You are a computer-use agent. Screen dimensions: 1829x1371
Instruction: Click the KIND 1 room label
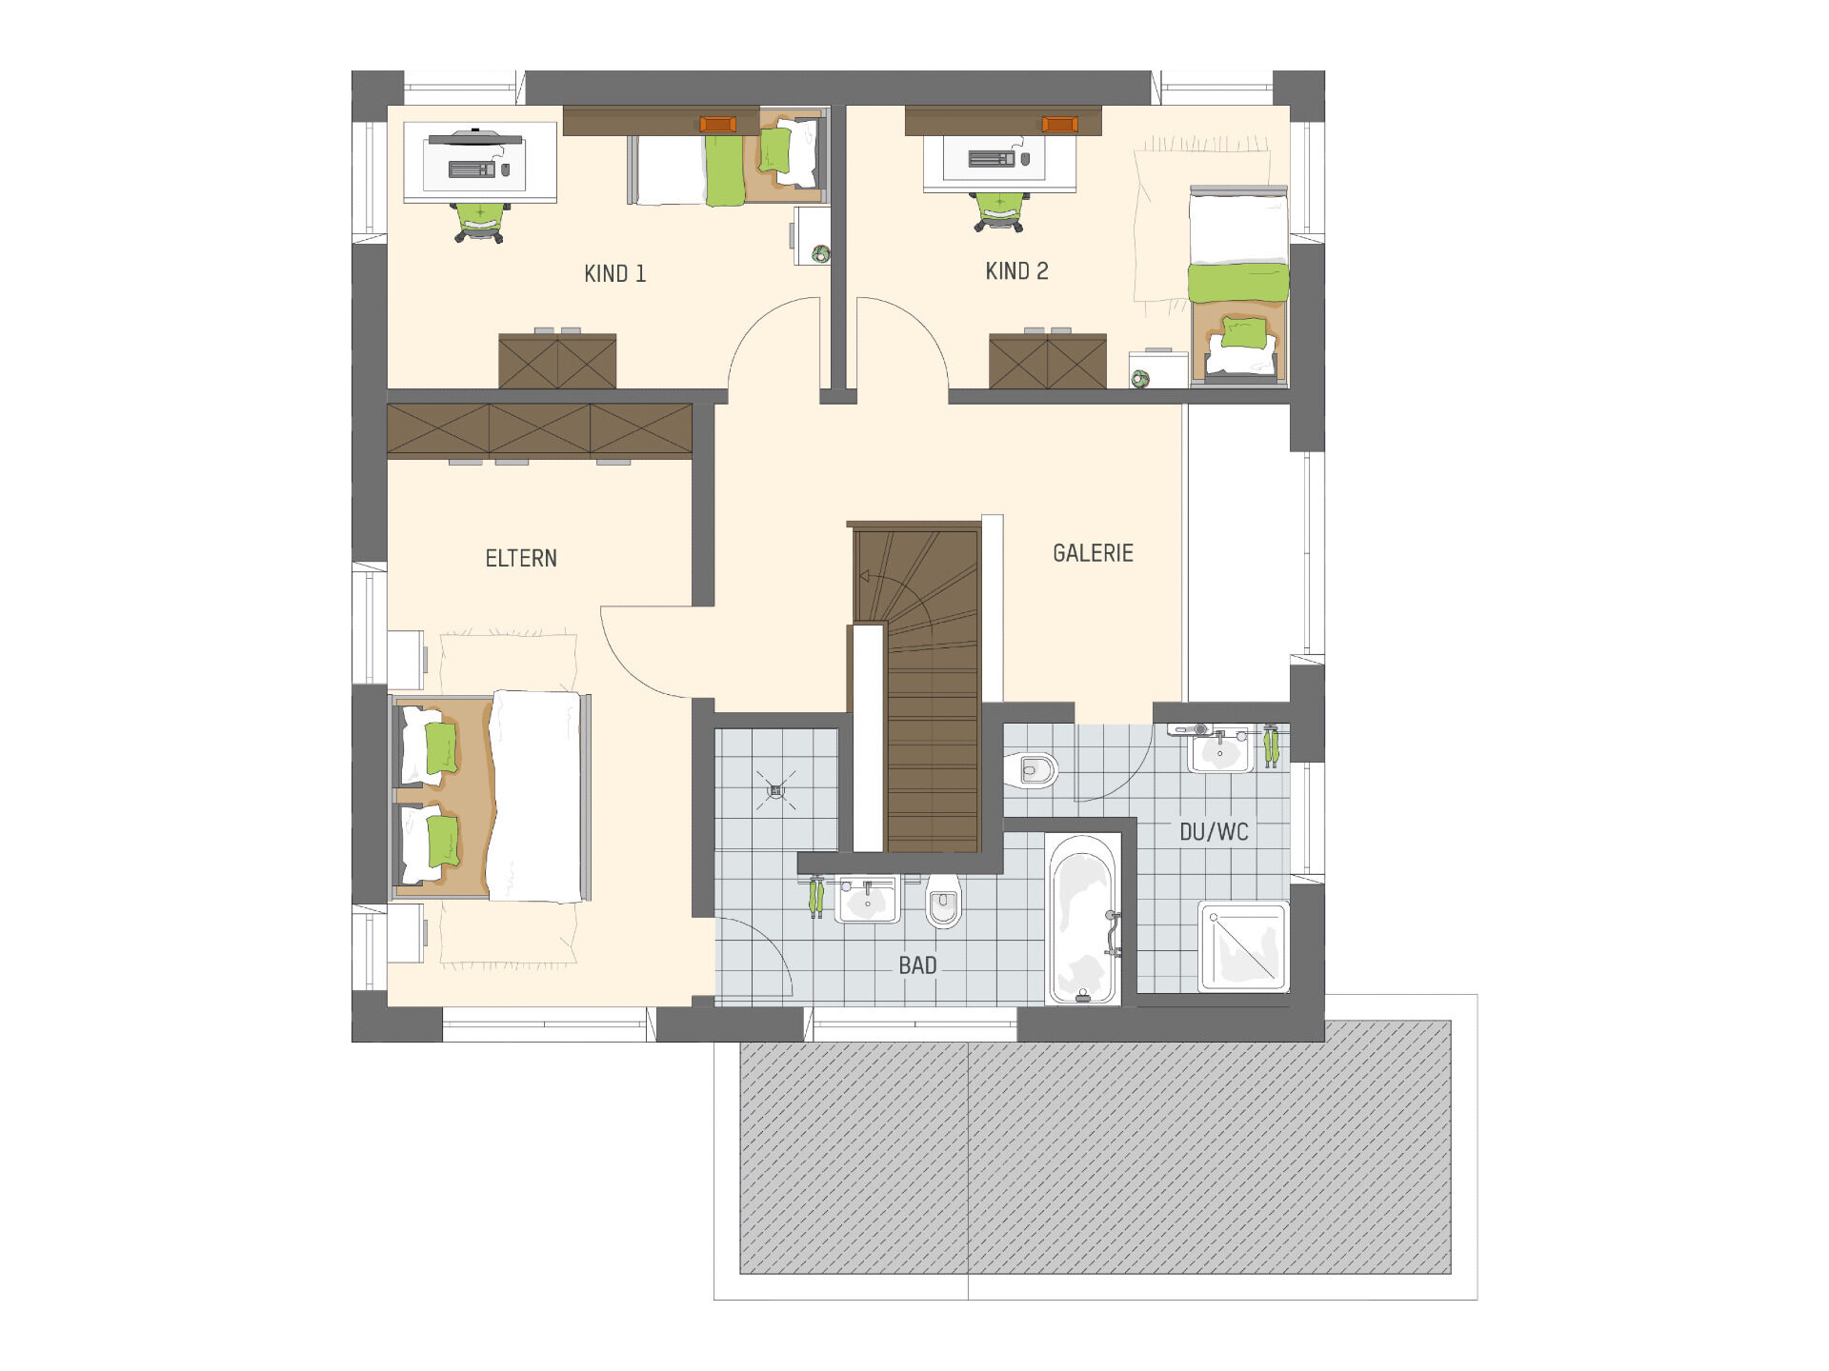pos(614,274)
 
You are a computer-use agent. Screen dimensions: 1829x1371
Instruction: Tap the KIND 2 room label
pos(1016,271)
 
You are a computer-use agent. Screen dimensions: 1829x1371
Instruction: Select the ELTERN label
pos(521,558)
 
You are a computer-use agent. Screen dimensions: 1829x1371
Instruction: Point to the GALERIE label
pos(1093,553)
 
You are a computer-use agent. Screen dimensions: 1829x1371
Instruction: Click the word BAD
pos(917,965)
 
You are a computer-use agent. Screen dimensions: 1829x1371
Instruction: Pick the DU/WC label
pos(1214,832)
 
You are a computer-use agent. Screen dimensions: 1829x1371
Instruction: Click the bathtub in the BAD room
pos(1084,920)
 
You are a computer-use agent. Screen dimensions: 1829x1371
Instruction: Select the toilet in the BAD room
pos(943,901)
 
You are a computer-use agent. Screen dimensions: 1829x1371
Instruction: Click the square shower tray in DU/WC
pos(1243,946)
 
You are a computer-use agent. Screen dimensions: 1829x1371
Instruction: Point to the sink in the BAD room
pos(867,900)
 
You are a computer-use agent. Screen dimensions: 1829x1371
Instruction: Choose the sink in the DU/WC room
pos(1220,750)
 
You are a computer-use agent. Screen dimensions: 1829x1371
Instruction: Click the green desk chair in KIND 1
pos(480,222)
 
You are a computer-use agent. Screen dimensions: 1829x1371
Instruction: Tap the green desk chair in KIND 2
pos(999,211)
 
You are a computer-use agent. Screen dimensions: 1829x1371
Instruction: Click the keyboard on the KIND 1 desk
pos(472,169)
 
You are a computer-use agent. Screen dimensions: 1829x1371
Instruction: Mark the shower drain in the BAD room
pos(775,789)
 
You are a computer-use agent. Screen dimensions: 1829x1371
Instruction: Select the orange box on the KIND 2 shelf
pos(1059,124)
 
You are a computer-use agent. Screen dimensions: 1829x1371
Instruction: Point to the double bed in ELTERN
pos(491,797)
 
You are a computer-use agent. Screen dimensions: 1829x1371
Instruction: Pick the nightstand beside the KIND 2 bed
pos(1158,369)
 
